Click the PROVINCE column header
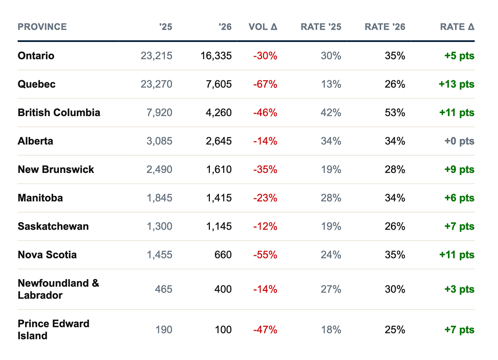click(42, 27)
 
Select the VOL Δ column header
click(263, 27)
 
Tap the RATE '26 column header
click(385, 27)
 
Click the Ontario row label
click(36, 56)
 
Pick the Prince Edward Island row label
click(53, 329)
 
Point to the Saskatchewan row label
click(53, 226)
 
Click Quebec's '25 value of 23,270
click(156, 84)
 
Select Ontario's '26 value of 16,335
click(216, 56)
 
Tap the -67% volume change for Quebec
click(265, 84)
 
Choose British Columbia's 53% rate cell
click(395, 112)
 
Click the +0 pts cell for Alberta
click(459, 141)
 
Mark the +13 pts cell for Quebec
click(457, 84)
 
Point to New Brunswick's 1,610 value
click(219, 169)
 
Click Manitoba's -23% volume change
click(265, 198)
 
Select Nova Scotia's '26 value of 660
click(223, 255)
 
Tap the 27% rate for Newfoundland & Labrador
click(331, 289)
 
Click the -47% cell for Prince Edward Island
click(265, 330)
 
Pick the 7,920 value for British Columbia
click(159, 112)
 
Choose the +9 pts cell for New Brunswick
click(459, 169)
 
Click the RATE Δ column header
click(457, 27)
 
